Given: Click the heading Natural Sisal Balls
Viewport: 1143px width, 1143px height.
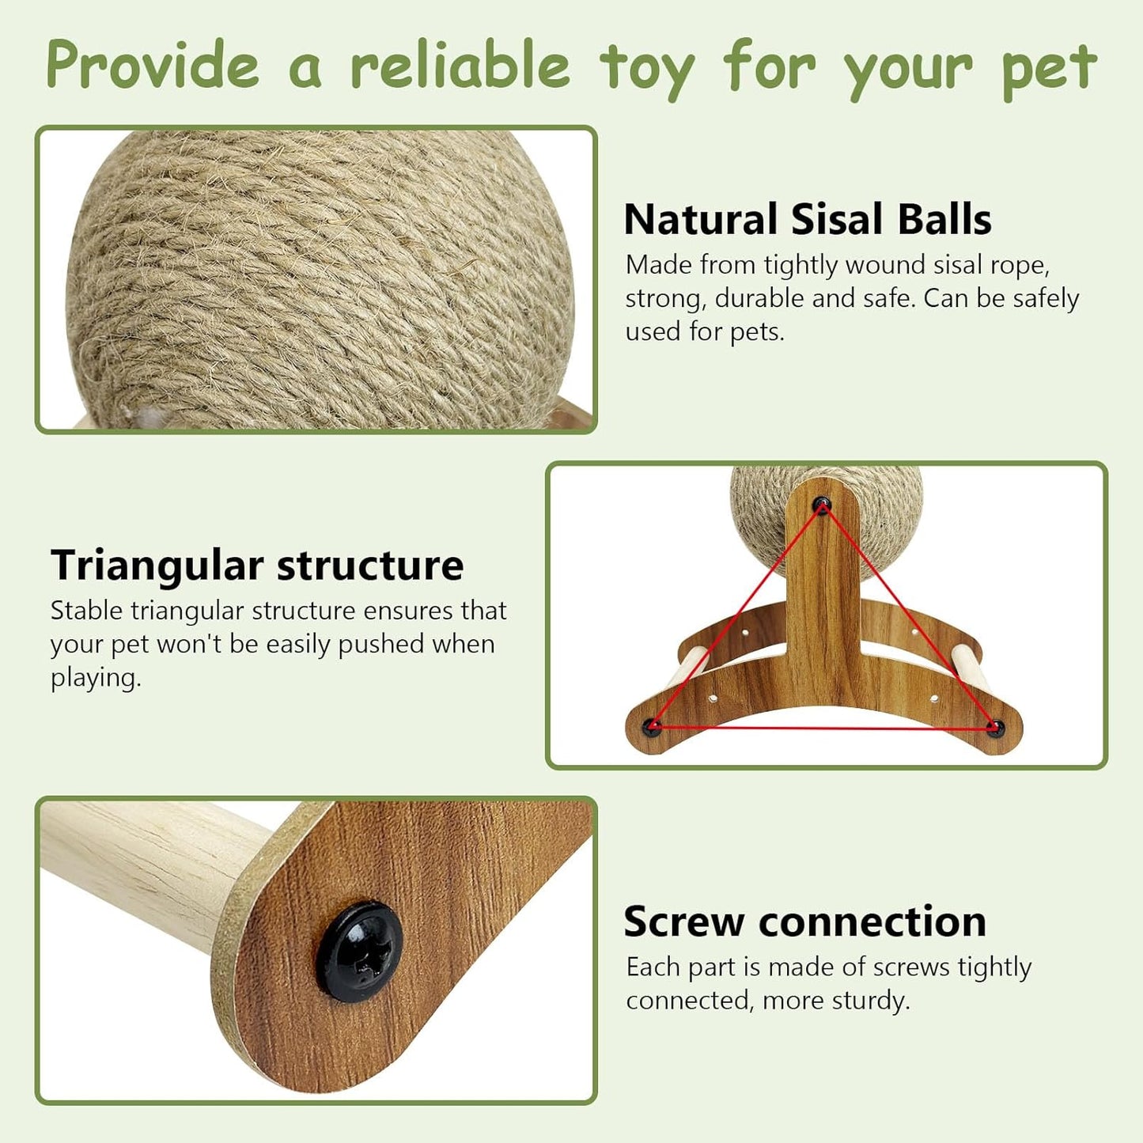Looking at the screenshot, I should [807, 219].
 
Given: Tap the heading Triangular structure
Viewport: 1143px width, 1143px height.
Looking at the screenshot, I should [257, 566].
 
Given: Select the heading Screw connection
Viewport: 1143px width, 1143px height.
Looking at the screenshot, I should [804, 922].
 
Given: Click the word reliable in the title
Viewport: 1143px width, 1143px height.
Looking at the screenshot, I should [460, 65].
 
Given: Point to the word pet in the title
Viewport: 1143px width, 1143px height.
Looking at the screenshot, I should [1049, 67].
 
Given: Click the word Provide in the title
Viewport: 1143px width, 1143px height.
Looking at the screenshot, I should [153, 65].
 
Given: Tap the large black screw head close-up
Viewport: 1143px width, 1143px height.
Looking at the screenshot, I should [361, 952].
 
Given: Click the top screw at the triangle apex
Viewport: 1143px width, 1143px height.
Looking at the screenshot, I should [823, 504].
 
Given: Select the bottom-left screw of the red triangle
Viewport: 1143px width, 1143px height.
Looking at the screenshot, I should [652, 725].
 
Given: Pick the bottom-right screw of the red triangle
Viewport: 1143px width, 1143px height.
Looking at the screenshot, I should [994, 726].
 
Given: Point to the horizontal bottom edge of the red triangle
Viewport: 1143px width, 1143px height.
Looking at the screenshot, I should [823, 727].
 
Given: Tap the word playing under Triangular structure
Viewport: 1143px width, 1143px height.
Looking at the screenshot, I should [95, 678].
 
